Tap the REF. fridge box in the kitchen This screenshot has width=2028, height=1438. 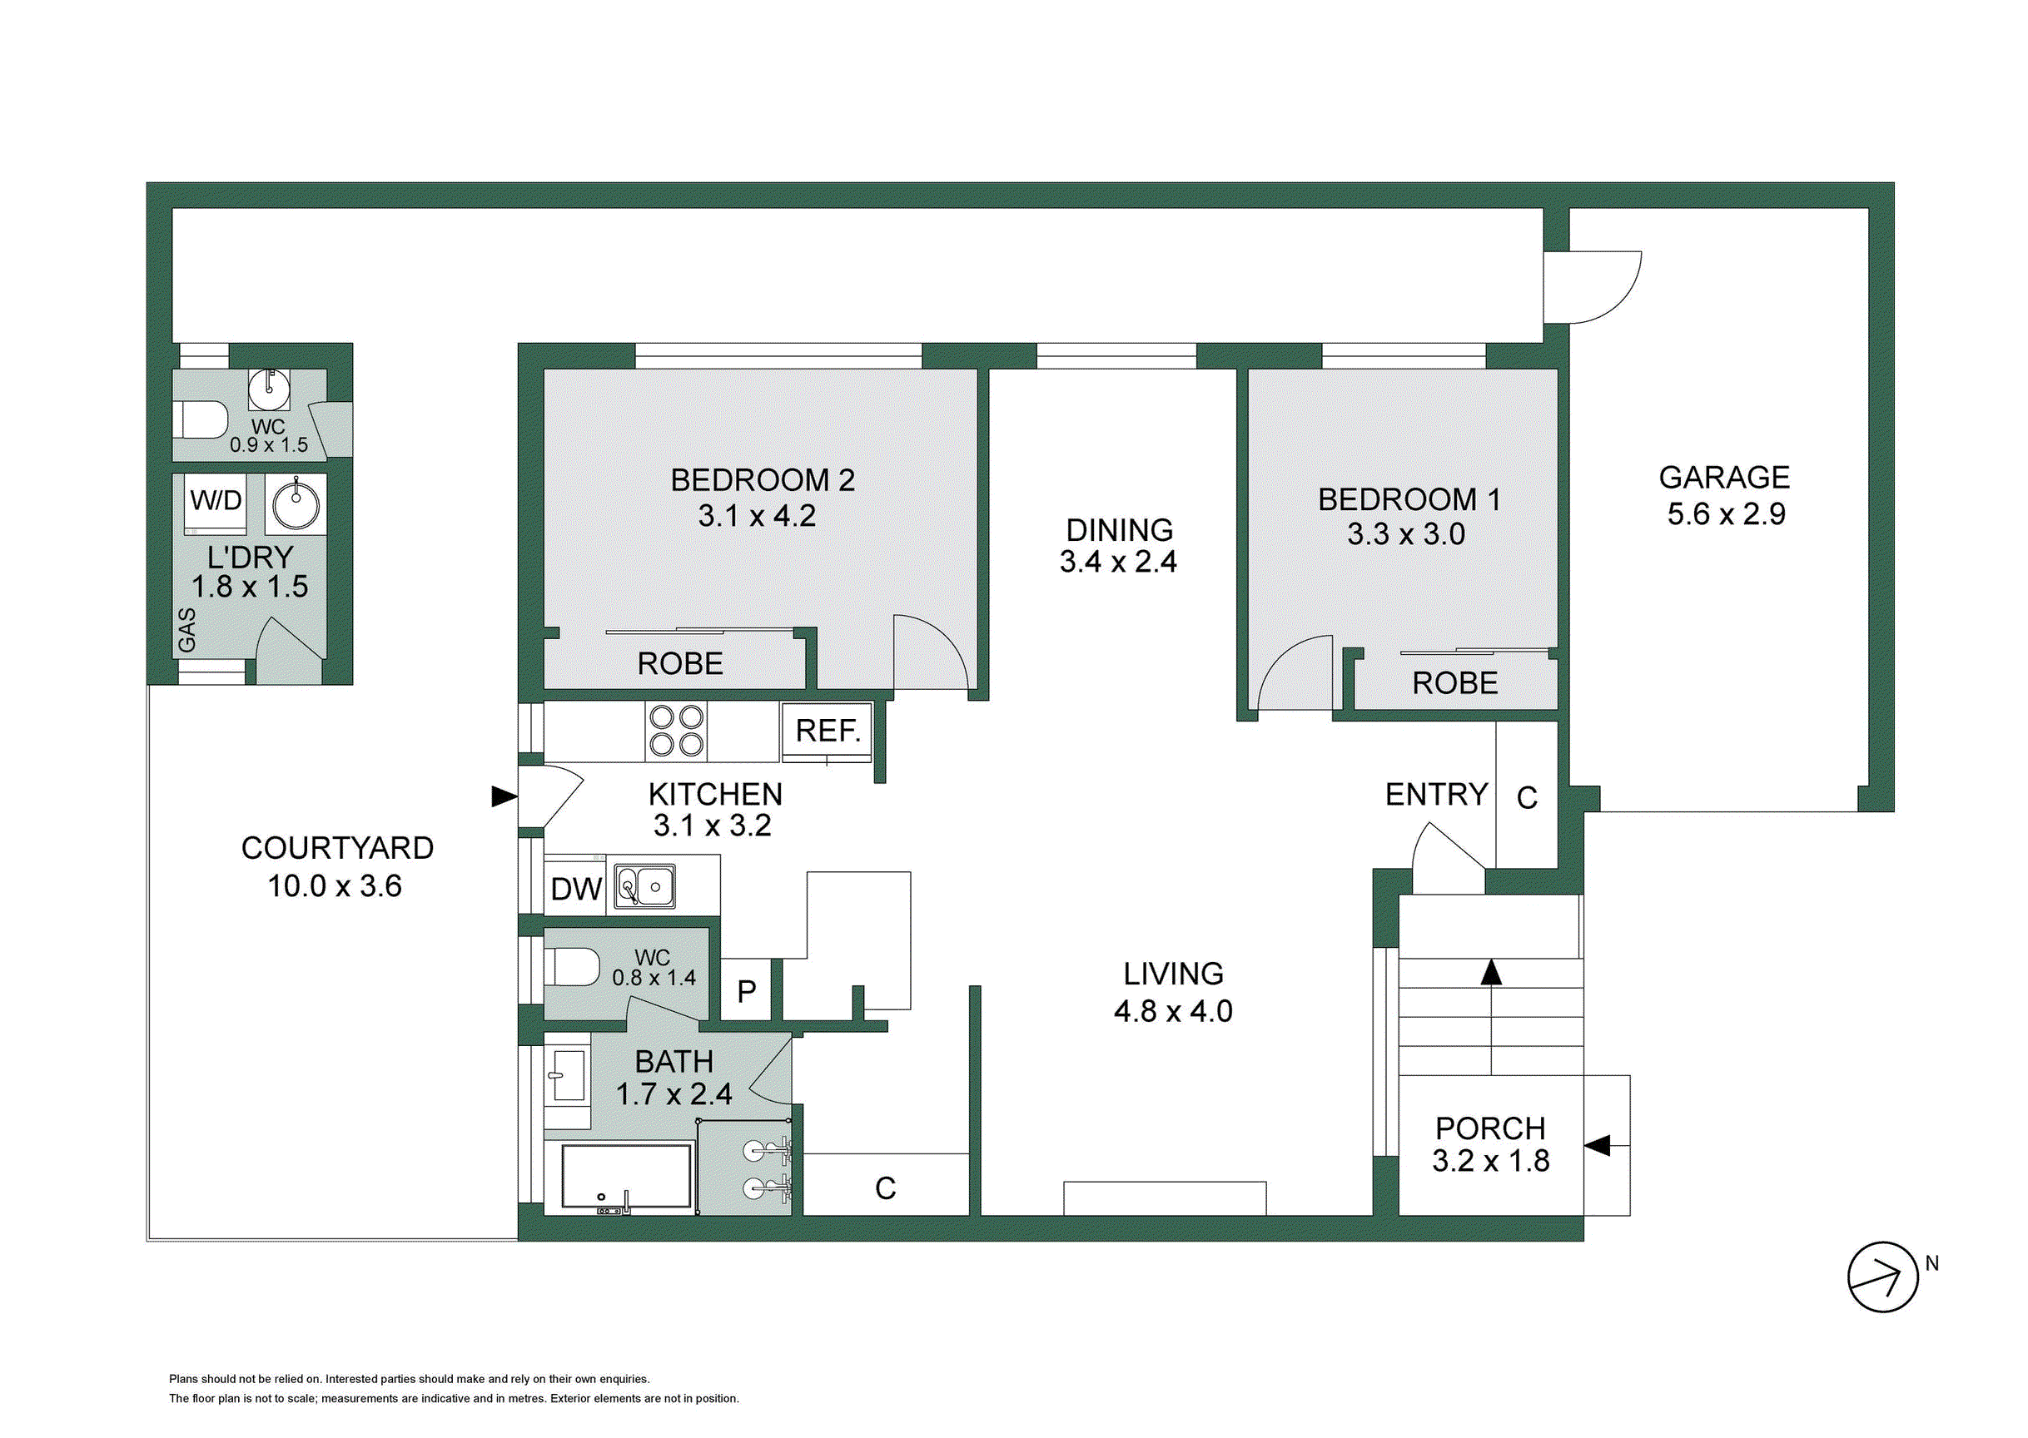point(828,732)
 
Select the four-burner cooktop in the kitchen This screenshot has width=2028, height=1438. point(677,731)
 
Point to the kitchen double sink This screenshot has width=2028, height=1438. point(645,886)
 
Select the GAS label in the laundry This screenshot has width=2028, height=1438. point(186,630)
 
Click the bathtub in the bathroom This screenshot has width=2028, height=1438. point(626,1177)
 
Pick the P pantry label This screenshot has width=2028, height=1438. point(747,992)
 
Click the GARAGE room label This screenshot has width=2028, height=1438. point(1724,478)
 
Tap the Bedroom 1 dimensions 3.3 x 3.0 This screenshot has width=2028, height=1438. point(1406,534)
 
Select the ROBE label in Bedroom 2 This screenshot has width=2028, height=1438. point(680,663)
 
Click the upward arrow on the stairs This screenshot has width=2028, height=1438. point(1492,1018)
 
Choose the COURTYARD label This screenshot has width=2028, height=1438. point(337,848)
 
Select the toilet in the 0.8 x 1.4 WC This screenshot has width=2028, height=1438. point(572,966)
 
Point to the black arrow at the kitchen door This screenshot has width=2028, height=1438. point(505,797)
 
